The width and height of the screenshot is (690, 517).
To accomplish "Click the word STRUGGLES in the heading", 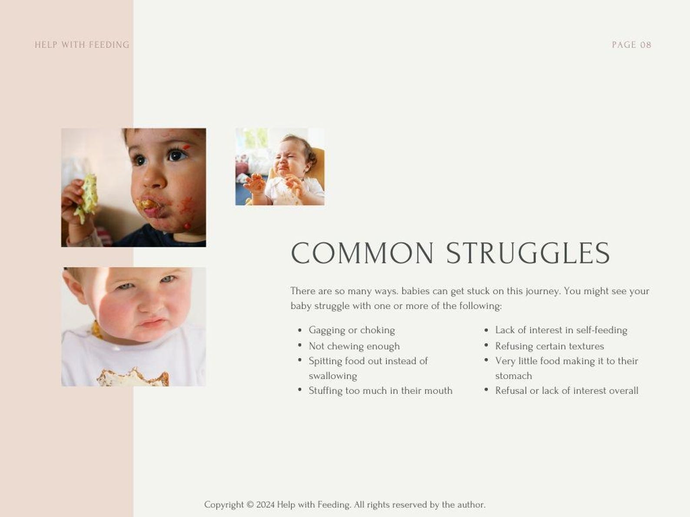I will tap(528, 254).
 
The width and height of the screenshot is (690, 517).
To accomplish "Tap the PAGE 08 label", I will tap(631, 45).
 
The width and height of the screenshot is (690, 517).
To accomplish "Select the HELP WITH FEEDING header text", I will tap(82, 45).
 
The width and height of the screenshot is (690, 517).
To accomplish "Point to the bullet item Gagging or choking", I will tap(352, 330).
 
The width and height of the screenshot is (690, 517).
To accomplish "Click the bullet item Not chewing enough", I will tap(354, 346).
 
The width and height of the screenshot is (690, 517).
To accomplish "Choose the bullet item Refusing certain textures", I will tap(549, 346).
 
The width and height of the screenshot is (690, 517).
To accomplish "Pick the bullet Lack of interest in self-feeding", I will tap(561, 330).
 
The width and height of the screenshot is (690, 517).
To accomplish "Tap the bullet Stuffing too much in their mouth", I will tap(380, 391).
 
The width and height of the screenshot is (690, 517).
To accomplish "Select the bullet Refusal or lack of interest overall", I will tap(567, 391).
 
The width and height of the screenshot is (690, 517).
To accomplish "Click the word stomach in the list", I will tap(514, 376).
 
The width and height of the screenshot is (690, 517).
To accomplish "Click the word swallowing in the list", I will tap(333, 376).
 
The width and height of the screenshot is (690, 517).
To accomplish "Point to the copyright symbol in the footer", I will tap(250, 505).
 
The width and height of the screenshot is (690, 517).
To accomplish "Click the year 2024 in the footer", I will tap(265, 505).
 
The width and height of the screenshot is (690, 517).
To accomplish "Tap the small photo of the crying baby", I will tap(280, 167).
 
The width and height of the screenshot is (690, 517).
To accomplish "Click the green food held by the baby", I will tap(86, 199).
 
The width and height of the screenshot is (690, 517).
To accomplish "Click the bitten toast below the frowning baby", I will tap(133, 378).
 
